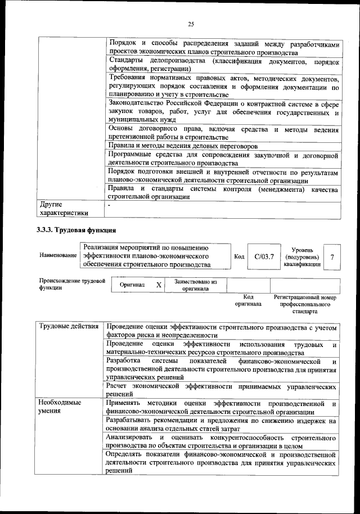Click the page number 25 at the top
point(191,24)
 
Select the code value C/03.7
point(263,256)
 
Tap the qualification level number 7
point(332,256)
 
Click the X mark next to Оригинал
point(159,285)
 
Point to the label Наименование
point(58,255)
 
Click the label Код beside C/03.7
point(238,256)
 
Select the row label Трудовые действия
point(69,327)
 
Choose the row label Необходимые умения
point(59,408)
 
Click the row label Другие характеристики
point(63,209)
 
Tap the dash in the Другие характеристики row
point(110,205)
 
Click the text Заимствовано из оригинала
point(195,285)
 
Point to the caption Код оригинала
point(248,300)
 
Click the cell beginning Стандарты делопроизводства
point(222,64)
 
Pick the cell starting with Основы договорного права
point(222,133)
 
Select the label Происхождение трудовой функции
point(71,284)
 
